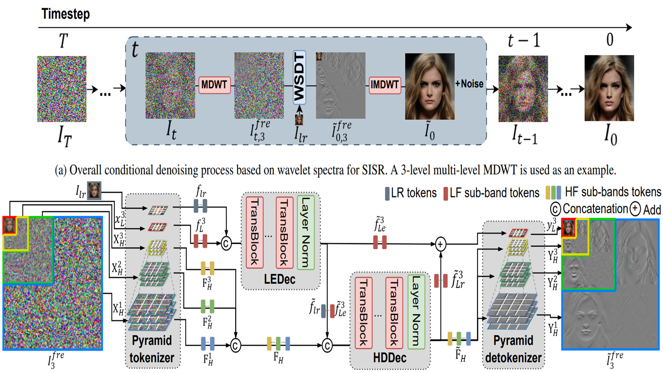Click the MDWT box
(x=214, y=85)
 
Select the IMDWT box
(x=385, y=85)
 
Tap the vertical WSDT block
(x=299, y=77)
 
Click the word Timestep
(x=66, y=14)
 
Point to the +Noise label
(x=469, y=84)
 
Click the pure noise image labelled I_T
(x=62, y=89)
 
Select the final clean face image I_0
(x=609, y=88)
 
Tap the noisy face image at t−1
(x=523, y=89)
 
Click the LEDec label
(x=279, y=279)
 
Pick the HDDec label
(x=390, y=358)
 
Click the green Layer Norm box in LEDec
(x=306, y=233)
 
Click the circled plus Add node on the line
(x=440, y=245)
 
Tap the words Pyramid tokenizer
(x=152, y=349)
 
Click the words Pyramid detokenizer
(x=513, y=349)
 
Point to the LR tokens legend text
(x=414, y=193)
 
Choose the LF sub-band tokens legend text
(x=494, y=193)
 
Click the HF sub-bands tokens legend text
(x=613, y=192)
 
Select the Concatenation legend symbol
(x=555, y=209)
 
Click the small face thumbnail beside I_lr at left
(x=94, y=191)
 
